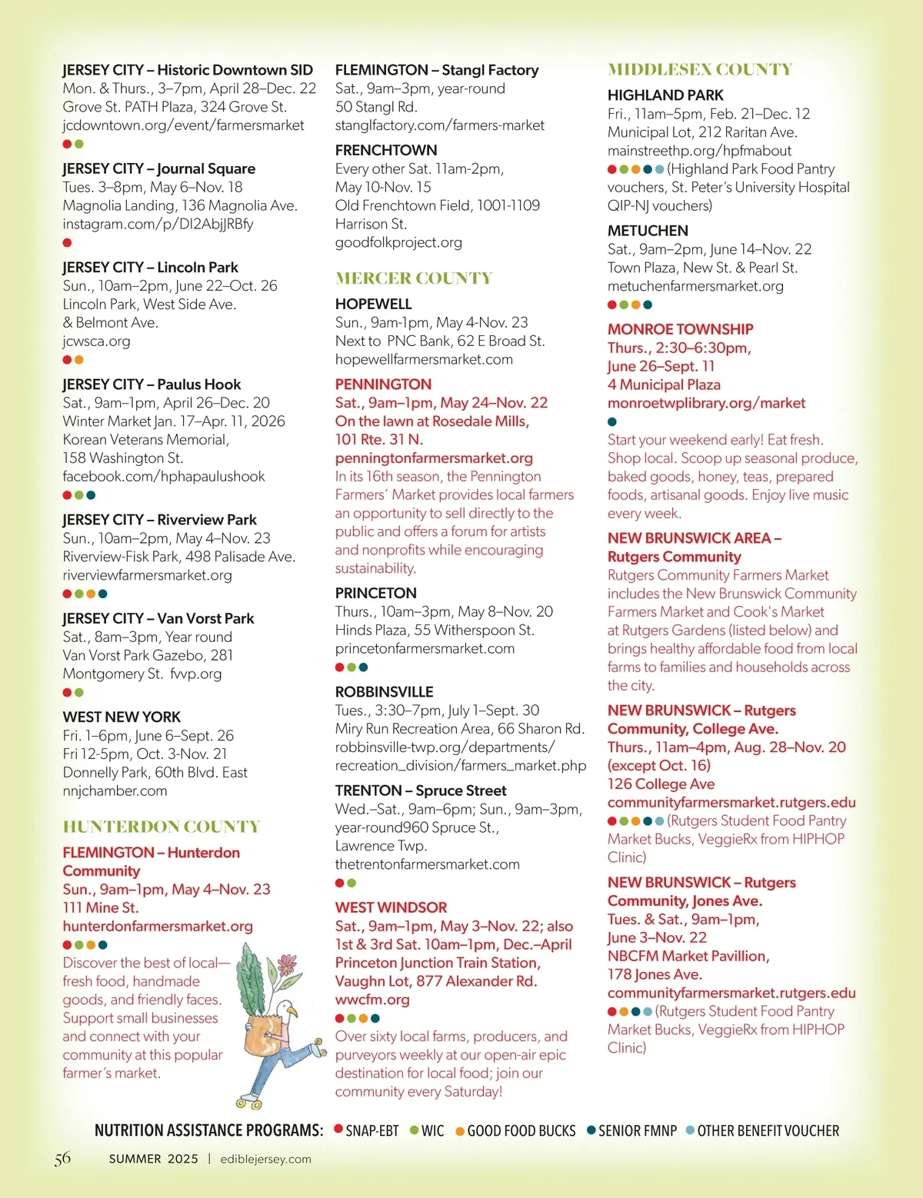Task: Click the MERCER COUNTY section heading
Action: point(413,278)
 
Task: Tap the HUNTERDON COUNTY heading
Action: point(162,827)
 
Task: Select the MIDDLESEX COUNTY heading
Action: point(699,70)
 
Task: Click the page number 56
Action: point(62,1159)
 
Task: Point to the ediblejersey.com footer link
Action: point(265,1160)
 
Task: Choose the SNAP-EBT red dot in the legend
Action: point(338,1130)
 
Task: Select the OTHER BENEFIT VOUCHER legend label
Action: point(768,1131)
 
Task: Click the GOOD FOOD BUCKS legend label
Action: point(521,1131)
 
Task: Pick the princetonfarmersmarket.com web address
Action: point(425,649)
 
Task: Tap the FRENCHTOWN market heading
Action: point(386,151)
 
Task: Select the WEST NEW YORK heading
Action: point(122,717)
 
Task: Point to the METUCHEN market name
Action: point(648,231)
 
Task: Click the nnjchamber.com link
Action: point(115,791)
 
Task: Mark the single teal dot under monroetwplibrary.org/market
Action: point(612,421)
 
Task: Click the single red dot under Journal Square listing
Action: point(68,243)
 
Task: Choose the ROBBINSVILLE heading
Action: point(384,692)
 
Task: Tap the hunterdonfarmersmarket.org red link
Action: point(158,927)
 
